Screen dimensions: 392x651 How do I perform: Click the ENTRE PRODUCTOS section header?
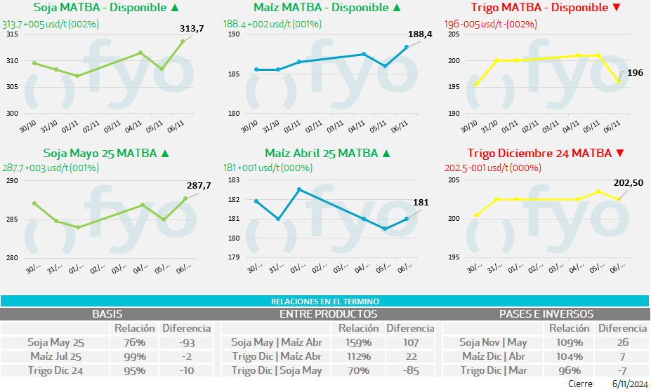[328, 314]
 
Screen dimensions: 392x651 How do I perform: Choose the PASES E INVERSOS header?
[546, 314]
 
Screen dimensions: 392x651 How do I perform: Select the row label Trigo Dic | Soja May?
[276, 370]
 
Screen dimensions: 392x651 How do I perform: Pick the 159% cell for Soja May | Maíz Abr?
[357, 342]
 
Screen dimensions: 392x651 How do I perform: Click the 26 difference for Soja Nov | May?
[622, 342]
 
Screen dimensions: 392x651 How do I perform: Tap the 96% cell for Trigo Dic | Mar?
[569, 370]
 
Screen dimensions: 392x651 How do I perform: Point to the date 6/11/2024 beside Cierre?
[629, 384]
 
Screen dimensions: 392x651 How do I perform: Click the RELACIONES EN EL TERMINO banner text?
[325, 301]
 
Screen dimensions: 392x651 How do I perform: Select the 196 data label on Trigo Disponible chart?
[635, 72]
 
